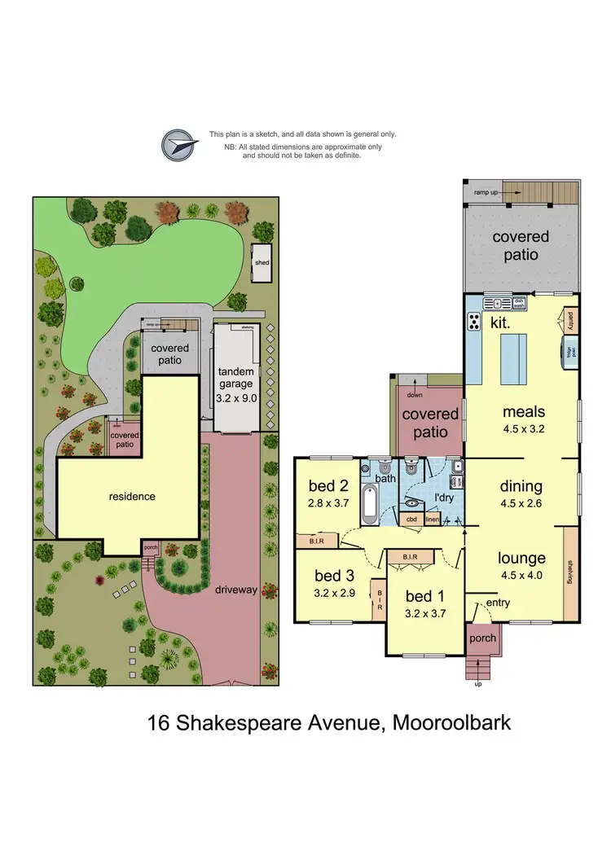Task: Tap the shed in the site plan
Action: point(262,262)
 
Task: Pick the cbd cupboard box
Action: point(412,520)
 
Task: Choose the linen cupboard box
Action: point(432,520)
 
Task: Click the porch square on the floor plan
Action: point(482,638)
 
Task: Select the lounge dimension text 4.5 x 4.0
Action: point(521,575)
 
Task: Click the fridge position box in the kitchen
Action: point(572,353)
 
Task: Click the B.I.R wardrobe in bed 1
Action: point(410,557)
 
